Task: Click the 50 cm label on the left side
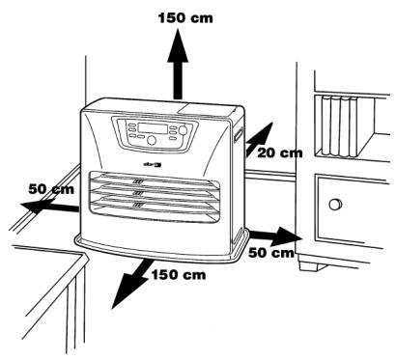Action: coord(52,189)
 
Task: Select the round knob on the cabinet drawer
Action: coord(334,204)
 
